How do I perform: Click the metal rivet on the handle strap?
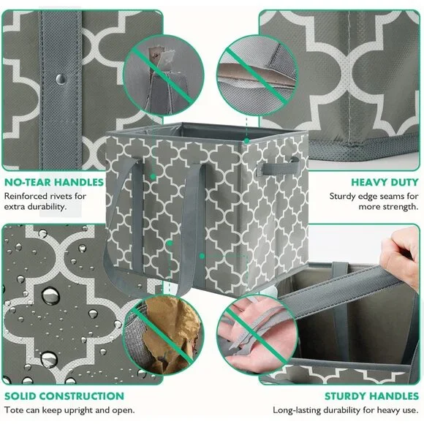pos(61,79)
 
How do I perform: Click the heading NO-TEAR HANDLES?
pos(54,182)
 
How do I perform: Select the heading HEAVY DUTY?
pos(385,182)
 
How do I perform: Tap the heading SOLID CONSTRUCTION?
pos(64,396)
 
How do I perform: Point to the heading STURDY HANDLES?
pos(372,396)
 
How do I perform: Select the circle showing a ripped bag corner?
pos(164,75)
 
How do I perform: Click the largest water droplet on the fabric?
pos(50,295)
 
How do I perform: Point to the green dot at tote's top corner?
pos(246,140)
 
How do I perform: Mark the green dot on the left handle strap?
pos(153,177)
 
